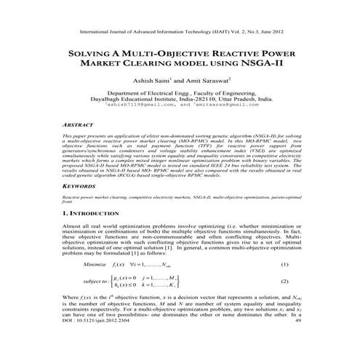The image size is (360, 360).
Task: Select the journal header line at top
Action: tap(180, 32)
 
